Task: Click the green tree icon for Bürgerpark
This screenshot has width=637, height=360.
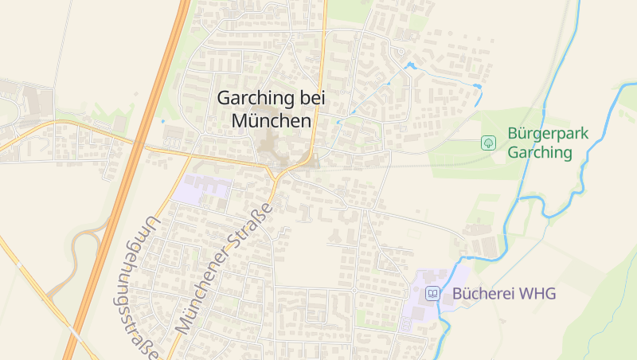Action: (x=489, y=143)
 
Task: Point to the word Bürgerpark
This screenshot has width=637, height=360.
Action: (x=548, y=133)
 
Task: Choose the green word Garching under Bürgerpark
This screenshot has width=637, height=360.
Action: (x=540, y=152)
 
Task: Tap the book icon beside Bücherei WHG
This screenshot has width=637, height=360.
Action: (x=432, y=294)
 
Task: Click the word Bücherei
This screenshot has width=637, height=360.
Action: (x=483, y=294)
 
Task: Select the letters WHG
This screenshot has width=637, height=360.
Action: (x=537, y=294)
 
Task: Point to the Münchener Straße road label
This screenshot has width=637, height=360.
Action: (x=225, y=268)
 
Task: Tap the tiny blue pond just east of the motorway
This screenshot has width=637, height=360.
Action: (x=162, y=121)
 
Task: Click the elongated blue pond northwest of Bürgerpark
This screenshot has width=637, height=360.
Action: (x=477, y=85)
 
